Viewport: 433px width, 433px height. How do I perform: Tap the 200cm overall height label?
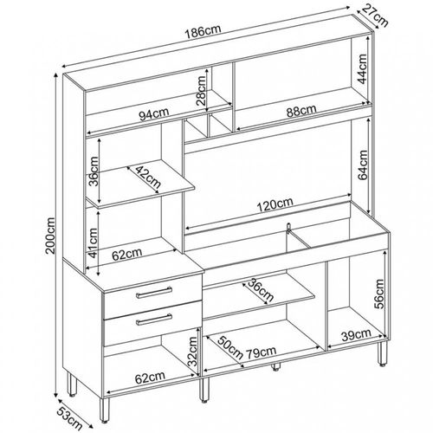point(50,236)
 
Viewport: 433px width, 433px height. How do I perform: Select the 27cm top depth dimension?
point(375,16)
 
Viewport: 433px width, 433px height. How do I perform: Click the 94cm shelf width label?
point(154,113)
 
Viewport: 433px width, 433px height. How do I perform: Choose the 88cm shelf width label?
point(301,111)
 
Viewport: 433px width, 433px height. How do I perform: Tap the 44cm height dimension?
point(362,68)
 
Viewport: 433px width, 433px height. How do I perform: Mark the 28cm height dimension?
point(201,91)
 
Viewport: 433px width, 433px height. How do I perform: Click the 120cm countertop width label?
point(275,204)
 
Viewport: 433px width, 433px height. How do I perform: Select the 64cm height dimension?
point(363,165)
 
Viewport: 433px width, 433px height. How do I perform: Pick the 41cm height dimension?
point(93,242)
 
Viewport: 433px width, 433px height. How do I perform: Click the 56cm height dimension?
point(379,294)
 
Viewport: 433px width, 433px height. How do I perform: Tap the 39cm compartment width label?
point(356,335)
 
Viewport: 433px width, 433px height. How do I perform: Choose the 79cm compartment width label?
point(261,352)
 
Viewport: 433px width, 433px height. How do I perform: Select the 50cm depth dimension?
point(230,347)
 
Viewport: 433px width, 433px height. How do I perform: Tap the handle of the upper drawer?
point(154,292)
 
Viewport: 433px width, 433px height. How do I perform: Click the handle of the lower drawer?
point(154,320)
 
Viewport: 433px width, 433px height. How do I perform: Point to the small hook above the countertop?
point(288,227)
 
